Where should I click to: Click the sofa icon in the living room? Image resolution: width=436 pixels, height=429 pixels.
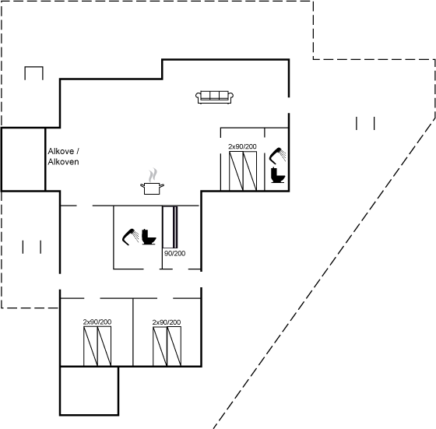coord(214,97)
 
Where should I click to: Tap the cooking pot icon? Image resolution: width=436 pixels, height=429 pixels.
coord(152,188)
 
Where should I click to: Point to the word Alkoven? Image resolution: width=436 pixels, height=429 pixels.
coord(63,161)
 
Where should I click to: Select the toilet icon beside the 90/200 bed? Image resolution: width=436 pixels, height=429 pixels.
coord(149,237)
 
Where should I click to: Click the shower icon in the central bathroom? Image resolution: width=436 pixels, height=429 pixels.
coord(131,237)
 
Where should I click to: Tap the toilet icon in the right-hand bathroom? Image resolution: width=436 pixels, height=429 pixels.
coord(278,175)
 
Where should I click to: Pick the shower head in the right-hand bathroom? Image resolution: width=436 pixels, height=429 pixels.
coord(277,156)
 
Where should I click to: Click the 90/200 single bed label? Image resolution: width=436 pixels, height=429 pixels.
coord(175,253)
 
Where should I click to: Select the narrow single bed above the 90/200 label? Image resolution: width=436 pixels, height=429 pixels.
coord(170,227)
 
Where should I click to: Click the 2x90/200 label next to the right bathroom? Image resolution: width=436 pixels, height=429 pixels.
coord(242,146)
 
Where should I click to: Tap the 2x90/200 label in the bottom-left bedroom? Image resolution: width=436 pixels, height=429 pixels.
coord(97,322)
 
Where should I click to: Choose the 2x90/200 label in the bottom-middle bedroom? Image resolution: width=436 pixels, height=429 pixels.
coord(167,322)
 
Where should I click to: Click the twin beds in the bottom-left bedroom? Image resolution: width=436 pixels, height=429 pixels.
coord(97,346)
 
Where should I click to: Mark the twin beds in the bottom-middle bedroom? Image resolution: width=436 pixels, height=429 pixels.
coord(167,346)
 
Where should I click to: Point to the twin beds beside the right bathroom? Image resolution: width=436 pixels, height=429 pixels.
coord(243,171)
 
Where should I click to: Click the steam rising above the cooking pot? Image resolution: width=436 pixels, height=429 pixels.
coord(153,175)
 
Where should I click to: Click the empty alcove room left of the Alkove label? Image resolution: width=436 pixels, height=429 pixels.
coord(23,160)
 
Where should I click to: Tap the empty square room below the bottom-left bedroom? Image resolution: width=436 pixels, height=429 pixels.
coord(90,391)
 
